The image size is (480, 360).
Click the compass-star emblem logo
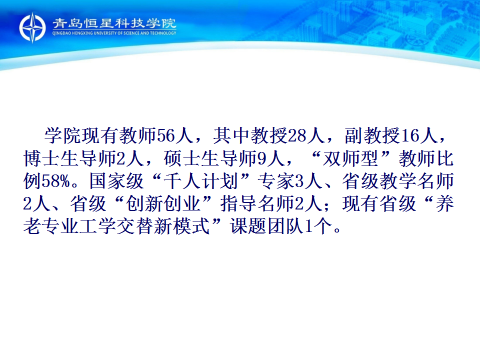32,27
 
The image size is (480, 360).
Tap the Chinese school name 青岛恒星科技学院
114,23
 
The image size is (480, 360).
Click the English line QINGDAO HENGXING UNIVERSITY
114,33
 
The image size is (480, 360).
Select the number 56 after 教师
165,135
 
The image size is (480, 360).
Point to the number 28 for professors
297,135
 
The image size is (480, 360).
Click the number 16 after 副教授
409,135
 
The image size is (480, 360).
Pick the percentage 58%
56,181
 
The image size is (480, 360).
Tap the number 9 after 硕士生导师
261,158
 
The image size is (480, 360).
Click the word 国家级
116,181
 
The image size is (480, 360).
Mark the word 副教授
372,135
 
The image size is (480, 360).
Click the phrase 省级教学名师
398,181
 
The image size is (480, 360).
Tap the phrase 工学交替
116,226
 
